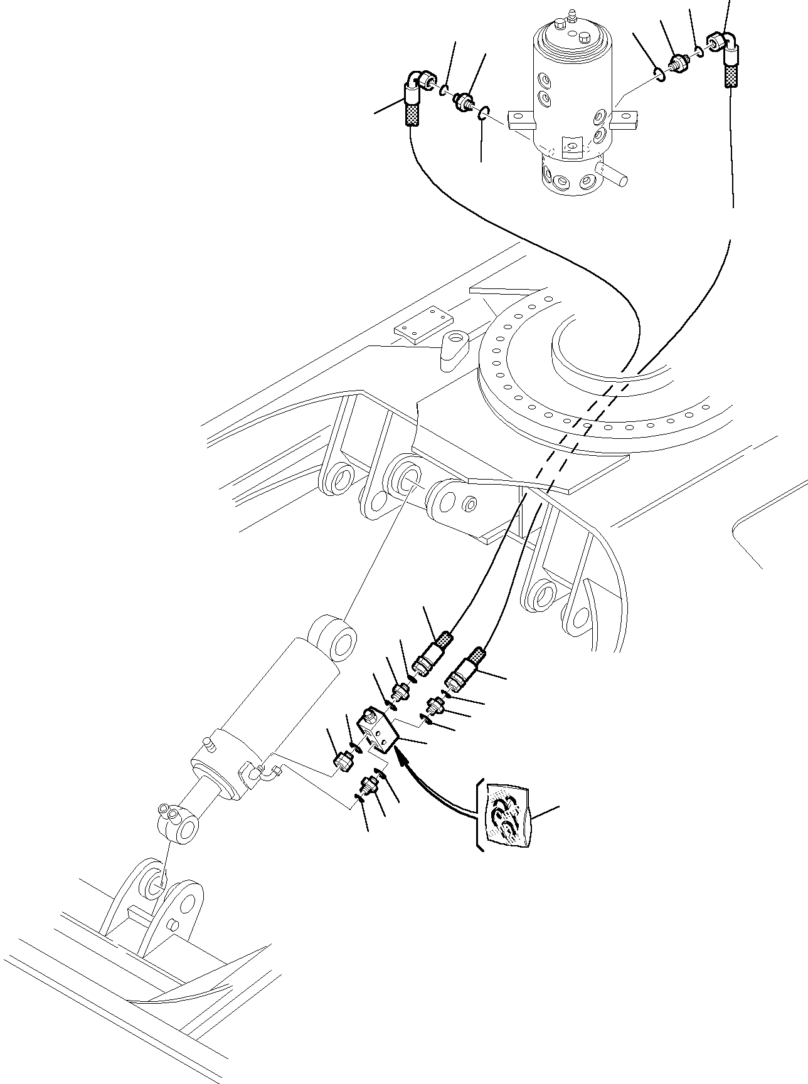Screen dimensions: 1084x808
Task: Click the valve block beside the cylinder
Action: click(377, 729)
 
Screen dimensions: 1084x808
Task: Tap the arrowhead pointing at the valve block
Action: click(402, 760)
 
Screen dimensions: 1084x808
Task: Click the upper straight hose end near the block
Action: click(432, 652)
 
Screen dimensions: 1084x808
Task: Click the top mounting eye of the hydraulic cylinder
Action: click(332, 639)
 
